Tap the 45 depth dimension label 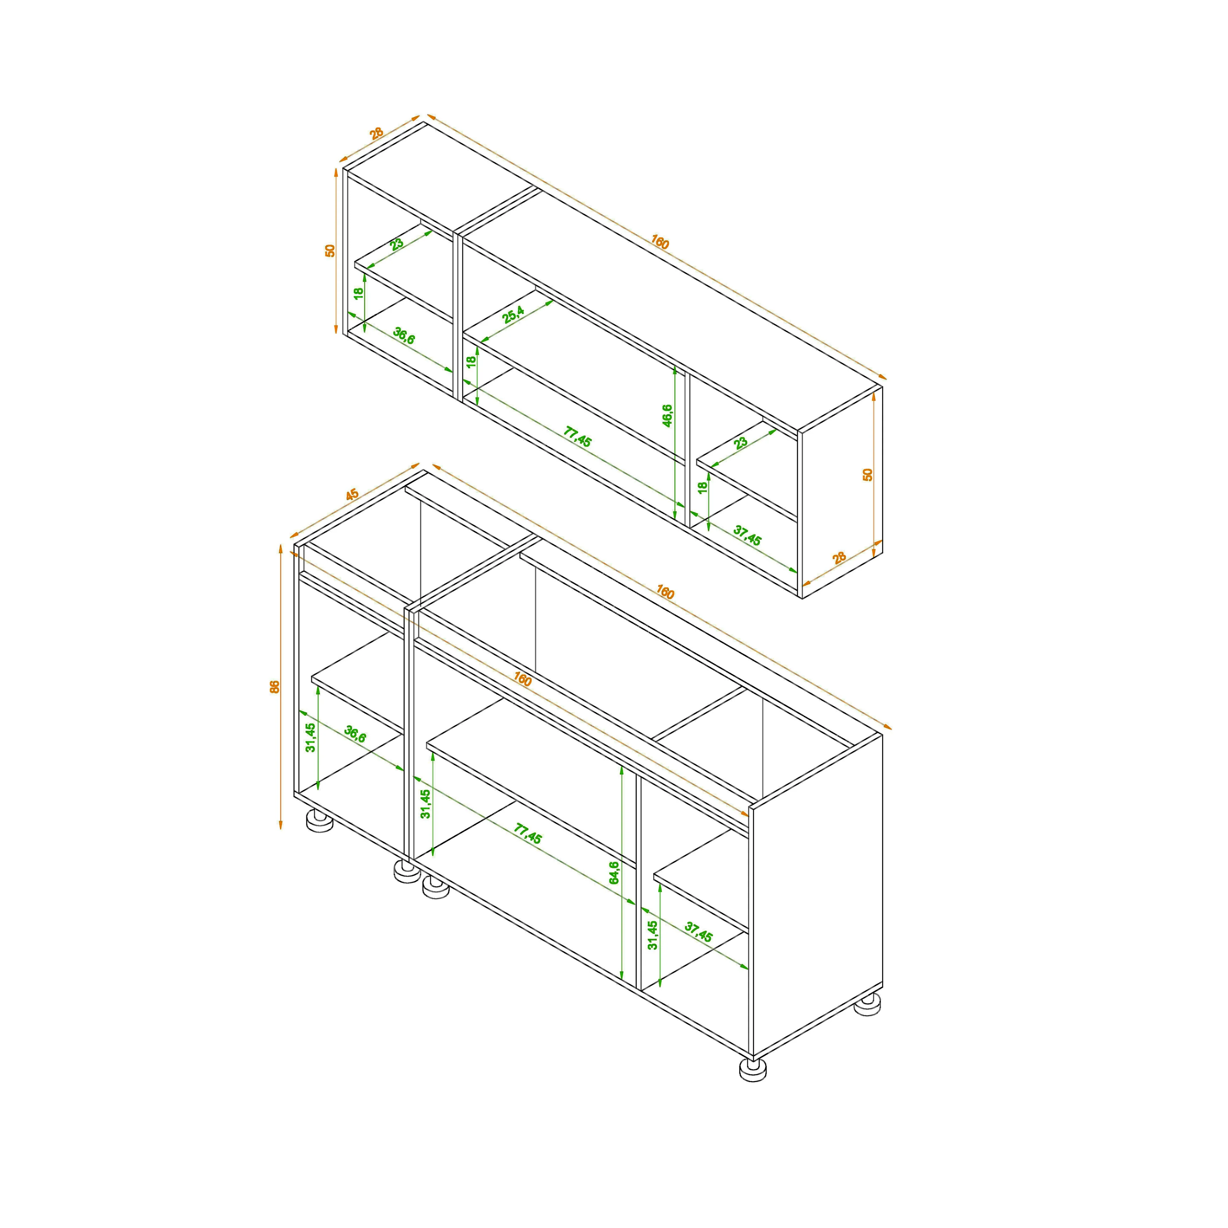tap(352, 494)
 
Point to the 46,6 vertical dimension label tap(667, 416)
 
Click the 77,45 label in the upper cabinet tap(577, 437)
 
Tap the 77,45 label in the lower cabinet tap(528, 834)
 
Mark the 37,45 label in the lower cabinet tap(699, 933)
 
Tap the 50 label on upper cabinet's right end tap(868, 474)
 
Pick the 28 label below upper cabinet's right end tap(840, 558)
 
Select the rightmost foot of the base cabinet tap(868, 1004)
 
